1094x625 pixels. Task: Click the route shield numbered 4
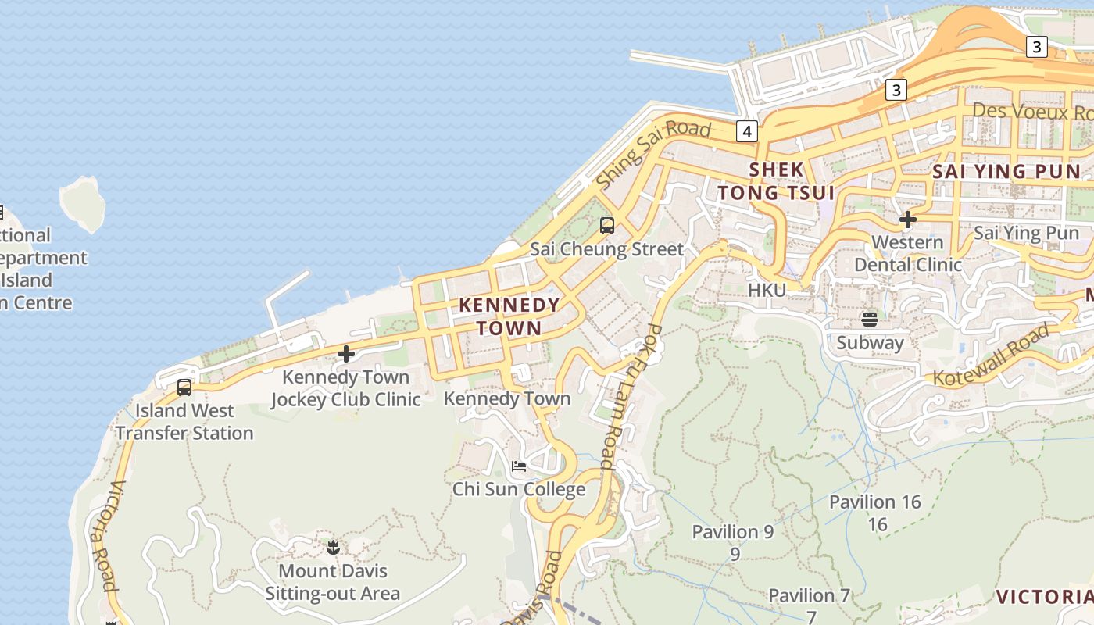[x=746, y=131]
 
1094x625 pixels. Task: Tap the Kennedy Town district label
[x=509, y=316]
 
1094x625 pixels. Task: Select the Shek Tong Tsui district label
[x=776, y=181]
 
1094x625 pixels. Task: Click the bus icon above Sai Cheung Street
[x=607, y=227]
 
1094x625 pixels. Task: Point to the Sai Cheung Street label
[x=607, y=250]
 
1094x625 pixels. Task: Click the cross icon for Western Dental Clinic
[x=907, y=220]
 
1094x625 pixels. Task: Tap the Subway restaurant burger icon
[x=870, y=319]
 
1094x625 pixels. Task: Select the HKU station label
[x=767, y=291]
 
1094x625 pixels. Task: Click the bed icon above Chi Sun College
[x=519, y=467]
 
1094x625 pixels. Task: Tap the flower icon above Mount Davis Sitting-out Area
[x=334, y=548]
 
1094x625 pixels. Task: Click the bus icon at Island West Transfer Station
[x=184, y=387]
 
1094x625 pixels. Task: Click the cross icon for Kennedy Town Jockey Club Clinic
[x=346, y=355]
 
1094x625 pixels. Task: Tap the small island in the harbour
[x=83, y=202]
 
